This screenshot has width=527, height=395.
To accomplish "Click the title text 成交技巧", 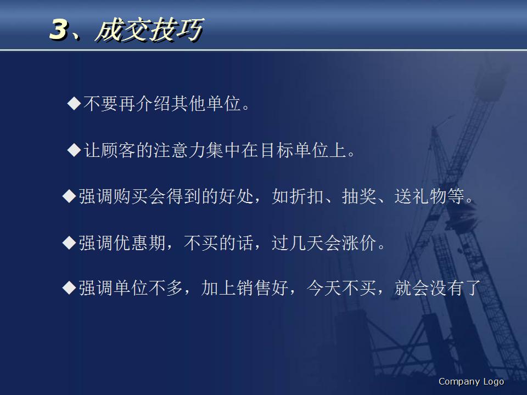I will (x=148, y=30).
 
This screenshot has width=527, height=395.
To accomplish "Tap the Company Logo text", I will (x=471, y=382).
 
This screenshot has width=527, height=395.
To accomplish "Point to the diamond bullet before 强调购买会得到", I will (x=69, y=196).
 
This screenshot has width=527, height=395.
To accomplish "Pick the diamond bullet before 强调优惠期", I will (x=69, y=242).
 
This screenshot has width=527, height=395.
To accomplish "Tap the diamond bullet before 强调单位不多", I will (x=69, y=287).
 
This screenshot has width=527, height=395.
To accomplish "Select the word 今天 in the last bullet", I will (x=324, y=288).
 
